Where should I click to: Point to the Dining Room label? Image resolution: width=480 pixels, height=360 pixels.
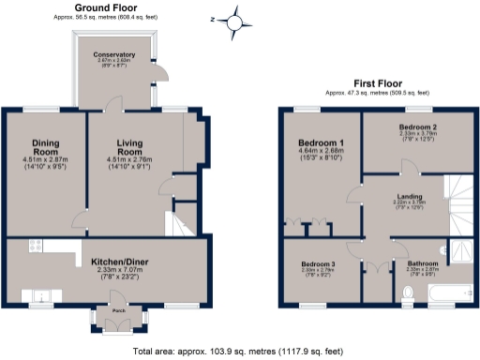click(x=45, y=147)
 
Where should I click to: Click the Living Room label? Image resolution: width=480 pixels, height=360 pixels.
click(x=135, y=147)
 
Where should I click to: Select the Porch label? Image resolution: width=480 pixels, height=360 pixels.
click(x=119, y=310)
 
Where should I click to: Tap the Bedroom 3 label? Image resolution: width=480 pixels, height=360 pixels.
click(x=318, y=264)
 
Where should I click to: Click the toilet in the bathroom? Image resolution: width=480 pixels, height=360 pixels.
click(x=407, y=295)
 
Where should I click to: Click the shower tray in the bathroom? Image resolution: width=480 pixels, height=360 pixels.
click(x=460, y=248)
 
